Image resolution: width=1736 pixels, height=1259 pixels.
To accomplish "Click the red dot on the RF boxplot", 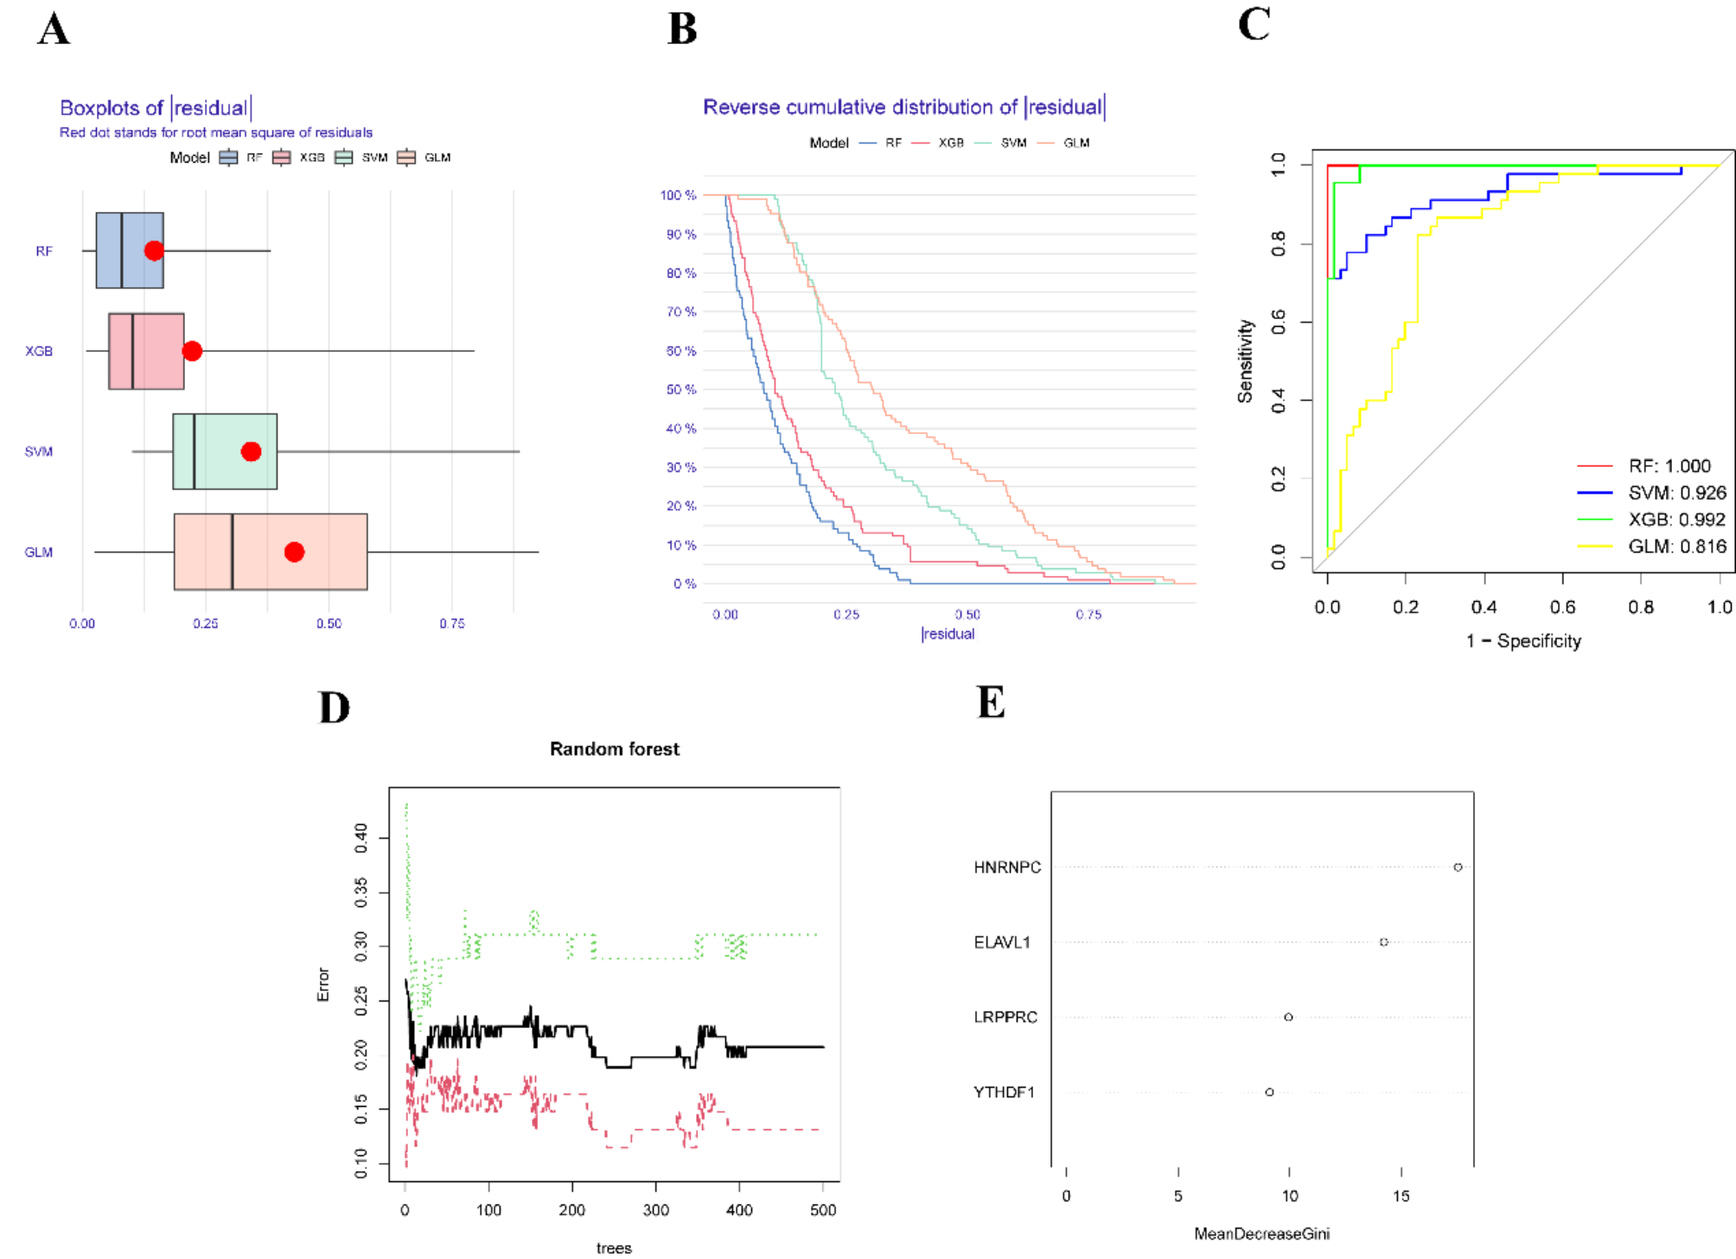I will (154, 251).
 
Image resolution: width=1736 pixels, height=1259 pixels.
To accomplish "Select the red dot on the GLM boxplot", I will (294, 552).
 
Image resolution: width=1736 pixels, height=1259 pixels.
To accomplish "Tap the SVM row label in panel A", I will (39, 451).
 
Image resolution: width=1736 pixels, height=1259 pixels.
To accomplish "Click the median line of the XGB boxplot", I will (132, 351).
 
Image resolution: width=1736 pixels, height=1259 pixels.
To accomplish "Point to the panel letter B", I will (682, 29).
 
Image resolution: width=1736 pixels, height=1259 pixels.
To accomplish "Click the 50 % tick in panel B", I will (681, 389).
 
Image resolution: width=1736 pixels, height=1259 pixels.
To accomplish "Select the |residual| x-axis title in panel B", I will (948, 634).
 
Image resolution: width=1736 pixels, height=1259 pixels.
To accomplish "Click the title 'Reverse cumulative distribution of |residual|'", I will (903, 107).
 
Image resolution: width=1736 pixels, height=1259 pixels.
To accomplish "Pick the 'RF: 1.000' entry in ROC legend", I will (1669, 466).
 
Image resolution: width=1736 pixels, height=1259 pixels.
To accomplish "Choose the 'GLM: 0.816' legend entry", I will (1676, 546).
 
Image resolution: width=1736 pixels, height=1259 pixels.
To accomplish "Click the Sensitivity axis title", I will (1245, 361).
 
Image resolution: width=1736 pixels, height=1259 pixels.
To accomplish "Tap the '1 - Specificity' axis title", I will (1523, 641).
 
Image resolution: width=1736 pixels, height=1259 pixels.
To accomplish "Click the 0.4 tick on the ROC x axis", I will (1484, 607).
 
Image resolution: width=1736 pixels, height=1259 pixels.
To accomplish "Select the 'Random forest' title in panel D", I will (615, 749).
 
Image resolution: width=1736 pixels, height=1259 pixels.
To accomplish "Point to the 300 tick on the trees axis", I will (655, 1210).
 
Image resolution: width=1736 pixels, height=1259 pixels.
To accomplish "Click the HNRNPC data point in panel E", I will (1458, 867).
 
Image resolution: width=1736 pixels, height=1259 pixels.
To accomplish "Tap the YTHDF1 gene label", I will (1004, 1092).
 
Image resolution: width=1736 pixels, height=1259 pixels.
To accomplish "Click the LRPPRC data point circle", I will (1288, 1017).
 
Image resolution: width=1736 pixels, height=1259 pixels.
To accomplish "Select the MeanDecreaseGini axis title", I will (1261, 1234).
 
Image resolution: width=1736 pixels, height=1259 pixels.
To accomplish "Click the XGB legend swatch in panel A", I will (282, 157).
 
